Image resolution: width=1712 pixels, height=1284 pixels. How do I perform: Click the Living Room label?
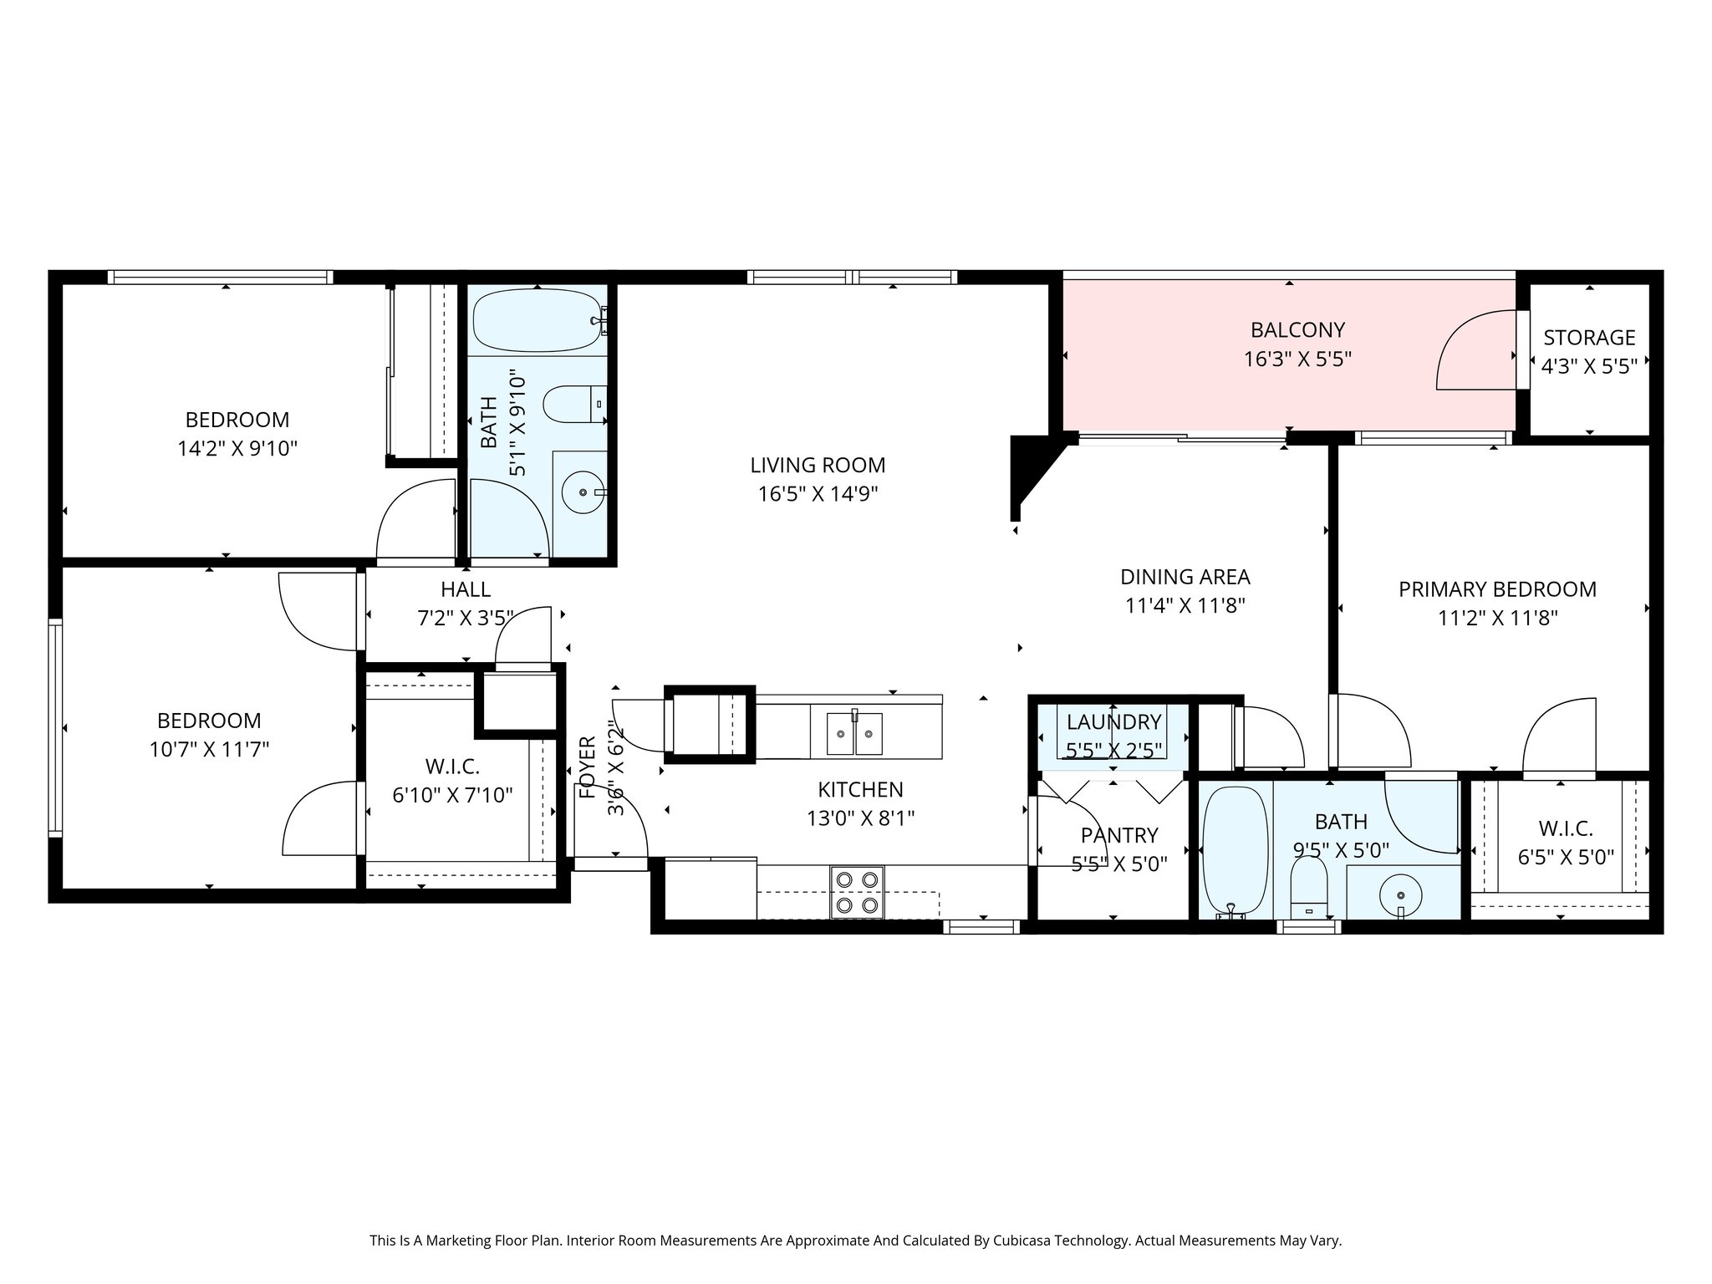click(817, 465)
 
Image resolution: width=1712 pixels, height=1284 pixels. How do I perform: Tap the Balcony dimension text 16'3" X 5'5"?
click(1297, 359)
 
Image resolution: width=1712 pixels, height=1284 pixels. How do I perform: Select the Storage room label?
click(1589, 338)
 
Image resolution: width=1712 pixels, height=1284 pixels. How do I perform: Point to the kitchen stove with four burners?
click(857, 892)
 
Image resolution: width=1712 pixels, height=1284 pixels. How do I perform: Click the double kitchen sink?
click(854, 733)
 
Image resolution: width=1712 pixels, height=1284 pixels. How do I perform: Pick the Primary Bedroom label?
click(1497, 589)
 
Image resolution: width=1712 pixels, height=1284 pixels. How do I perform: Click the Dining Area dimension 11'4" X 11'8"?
click(1185, 605)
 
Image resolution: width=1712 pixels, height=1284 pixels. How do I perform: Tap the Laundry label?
click(1113, 721)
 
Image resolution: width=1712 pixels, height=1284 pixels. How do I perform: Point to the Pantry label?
click(1119, 835)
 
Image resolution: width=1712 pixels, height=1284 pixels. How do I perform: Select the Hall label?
click(466, 589)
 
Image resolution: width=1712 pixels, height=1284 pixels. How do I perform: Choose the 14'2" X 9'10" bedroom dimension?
click(237, 449)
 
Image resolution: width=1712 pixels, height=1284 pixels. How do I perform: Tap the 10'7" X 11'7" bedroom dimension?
click(209, 749)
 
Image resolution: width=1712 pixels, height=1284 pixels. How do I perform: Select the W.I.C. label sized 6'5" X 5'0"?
click(1566, 828)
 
